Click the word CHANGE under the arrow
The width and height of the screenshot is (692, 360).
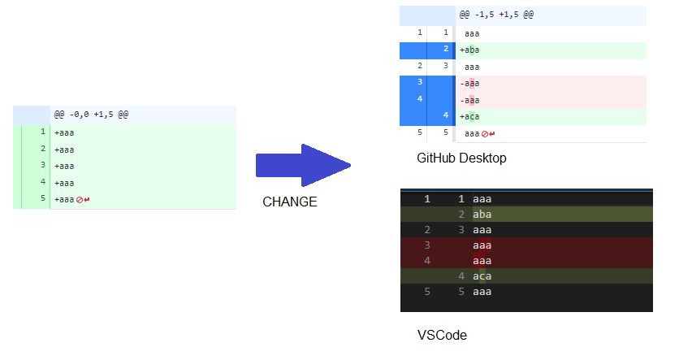(x=289, y=202)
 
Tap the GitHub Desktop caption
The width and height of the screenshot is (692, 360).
(x=461, y=158)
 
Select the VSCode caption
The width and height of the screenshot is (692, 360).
(x=442, y=334)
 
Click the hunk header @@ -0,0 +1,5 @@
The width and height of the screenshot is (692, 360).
(x=91, y=115)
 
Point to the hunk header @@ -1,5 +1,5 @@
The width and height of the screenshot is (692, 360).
(x=496, y=15)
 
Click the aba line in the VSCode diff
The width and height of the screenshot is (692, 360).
(x=482, y=215)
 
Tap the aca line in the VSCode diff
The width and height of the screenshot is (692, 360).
(x=482, y=276)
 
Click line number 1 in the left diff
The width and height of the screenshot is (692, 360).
(x=41, y=132)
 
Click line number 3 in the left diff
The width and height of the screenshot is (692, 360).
(x=41, y=166)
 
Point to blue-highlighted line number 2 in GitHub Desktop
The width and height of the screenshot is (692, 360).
(x=446, y=50)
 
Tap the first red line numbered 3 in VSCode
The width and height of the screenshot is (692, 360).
(x=426, y=245)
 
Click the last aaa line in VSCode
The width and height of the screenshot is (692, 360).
(x=482, y=292)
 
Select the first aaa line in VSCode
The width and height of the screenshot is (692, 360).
(x=482, y=199)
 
